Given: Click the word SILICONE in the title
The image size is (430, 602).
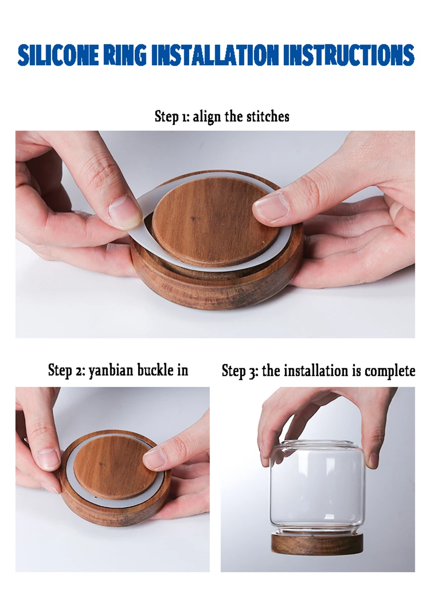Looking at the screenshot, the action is tap(58, 55).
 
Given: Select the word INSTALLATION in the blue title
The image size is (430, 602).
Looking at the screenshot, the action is tap(214, 55).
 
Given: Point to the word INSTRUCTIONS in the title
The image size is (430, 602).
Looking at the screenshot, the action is tap(349, 55).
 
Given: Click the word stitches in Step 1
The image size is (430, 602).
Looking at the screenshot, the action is tap(268, 116).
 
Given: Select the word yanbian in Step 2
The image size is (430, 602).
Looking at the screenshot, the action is tap(111, 370).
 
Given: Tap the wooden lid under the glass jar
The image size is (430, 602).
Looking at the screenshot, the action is tap(317, 542).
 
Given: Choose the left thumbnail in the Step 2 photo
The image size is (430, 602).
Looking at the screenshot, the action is tap(49, 459).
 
